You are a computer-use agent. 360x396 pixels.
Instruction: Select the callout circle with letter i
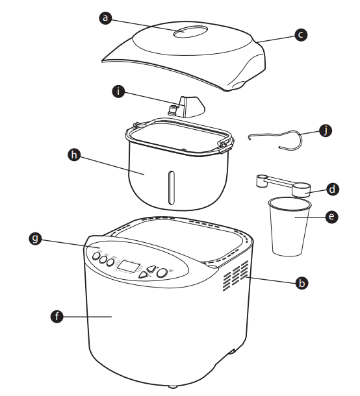(118, 92)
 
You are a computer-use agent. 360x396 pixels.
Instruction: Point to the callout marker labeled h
(75, 155)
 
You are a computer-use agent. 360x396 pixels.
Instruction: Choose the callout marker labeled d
(331, 189)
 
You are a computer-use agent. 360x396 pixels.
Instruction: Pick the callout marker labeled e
(331, 218)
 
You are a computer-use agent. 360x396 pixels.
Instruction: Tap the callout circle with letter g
(43, 240)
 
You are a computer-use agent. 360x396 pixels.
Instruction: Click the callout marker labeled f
(58, 316)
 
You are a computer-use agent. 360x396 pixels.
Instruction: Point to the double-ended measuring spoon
(283, 186)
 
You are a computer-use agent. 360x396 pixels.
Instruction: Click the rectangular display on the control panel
(131, 266)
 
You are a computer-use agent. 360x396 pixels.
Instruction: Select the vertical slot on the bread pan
(171, 188)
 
